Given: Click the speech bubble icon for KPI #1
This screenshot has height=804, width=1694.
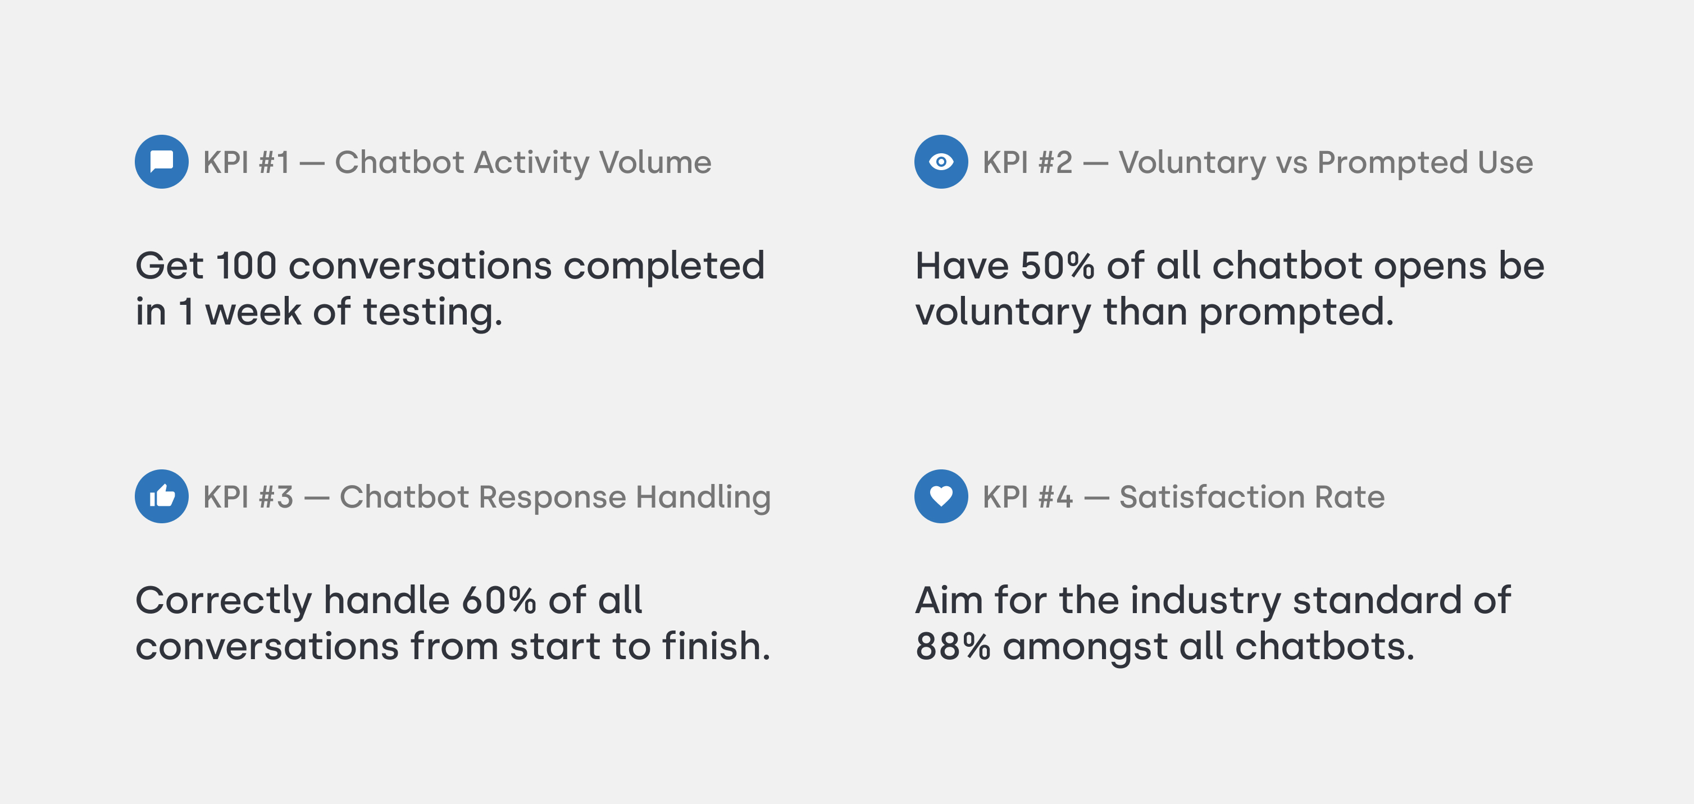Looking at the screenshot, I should click(162, 162).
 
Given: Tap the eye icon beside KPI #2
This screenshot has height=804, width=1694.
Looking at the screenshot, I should click(941, 162).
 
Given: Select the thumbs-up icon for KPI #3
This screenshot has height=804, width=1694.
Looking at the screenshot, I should click(162, 496).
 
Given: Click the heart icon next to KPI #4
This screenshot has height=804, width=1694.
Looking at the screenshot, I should click(941, 496).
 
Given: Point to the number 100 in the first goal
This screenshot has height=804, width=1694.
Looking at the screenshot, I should click(246, 266).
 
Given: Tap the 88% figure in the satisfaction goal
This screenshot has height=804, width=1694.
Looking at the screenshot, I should click(953, 647).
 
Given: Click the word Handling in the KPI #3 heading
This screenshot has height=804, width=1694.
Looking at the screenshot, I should click(703, 497).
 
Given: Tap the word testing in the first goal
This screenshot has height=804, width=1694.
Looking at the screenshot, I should click(432, 313).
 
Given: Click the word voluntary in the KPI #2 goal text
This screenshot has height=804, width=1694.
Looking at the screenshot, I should click(1003, 313).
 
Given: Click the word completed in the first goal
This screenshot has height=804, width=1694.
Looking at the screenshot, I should click(664, 267).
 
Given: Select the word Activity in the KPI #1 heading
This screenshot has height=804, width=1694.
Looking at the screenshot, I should click(531, 163).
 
